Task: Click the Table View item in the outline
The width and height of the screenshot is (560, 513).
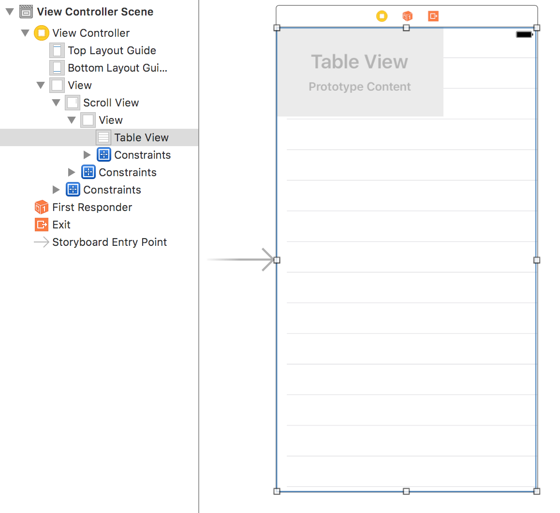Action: (141, 137)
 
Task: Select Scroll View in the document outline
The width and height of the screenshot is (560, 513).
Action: (111, 103)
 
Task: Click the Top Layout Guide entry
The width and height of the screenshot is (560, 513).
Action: (112, 50)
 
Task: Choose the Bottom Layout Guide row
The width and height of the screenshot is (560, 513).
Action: (117, 68)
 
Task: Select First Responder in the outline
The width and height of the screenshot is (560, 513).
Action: (92, 207)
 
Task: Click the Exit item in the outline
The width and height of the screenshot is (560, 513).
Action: (61, 225)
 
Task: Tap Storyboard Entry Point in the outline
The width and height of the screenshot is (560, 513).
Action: (109, 242)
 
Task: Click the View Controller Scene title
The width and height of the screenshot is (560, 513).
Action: (95, 12)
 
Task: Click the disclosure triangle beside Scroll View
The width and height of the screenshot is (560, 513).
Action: (56, 103)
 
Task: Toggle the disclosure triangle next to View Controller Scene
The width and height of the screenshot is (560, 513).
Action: (10, 12)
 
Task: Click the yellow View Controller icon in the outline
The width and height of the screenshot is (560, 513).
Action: (42, 33)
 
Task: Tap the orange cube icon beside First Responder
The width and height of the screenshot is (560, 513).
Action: (42, 207)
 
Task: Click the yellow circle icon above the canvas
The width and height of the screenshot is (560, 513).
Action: (382, 16)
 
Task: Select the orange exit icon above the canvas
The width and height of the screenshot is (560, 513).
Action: (433, 16)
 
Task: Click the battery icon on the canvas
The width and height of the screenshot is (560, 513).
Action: (524, 34)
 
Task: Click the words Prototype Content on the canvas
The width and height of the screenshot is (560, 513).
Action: (360, 87)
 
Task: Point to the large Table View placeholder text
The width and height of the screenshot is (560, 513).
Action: (359, 62)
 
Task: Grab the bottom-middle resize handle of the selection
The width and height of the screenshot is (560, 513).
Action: (406, 491)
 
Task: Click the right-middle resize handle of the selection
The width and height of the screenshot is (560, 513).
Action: (537, 260)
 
